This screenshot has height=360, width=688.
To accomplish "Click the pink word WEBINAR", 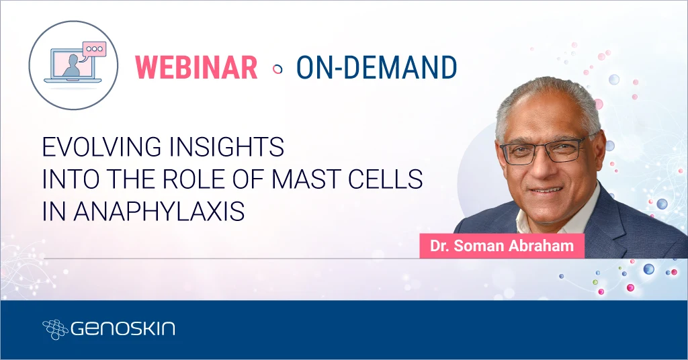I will (x=196, y=67).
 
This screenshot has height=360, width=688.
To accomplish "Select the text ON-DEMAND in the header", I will (x=376, y=67).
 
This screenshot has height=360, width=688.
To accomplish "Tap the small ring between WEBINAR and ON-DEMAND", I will (x=277, y=69).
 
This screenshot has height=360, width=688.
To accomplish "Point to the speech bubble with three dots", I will (x=94, y=49).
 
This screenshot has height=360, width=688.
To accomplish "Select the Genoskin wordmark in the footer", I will (x=122, y=328).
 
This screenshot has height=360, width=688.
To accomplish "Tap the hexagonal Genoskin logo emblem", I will (x=55, y=328).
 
